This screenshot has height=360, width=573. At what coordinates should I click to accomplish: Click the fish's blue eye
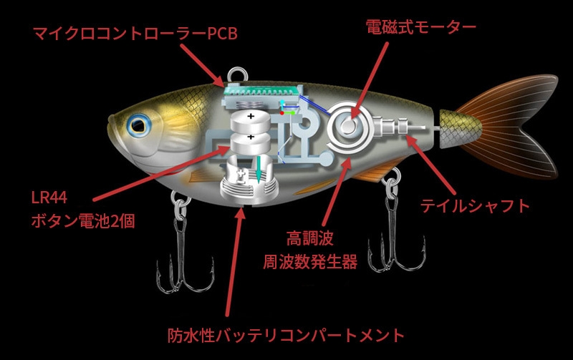pyautogui.click(x=136, y=126)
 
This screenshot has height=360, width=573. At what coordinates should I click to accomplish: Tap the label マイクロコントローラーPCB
pyautogui.click(x=135, y=33)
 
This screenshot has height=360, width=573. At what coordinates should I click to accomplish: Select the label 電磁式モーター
pyautogui.click(x=421, y=28)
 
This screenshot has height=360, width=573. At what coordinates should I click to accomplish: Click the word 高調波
pyautogui.click(x=309, y=238)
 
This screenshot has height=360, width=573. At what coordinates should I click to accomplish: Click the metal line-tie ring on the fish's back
pyautogui.click(x=237, y=75)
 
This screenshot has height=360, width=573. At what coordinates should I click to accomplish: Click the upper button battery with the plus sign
pyautogui.click(x=250, y=119)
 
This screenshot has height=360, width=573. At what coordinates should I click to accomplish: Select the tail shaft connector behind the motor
pyautogui.click(x=398, y=129)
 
